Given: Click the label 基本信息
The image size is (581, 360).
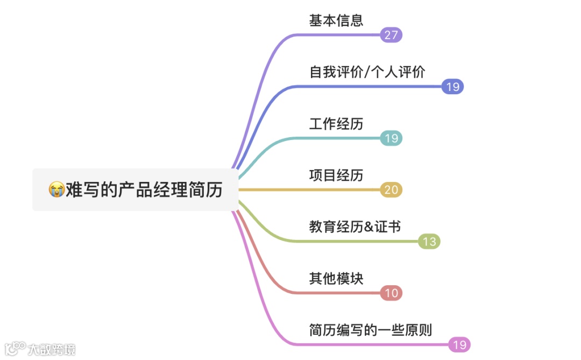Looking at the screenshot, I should [336, 20].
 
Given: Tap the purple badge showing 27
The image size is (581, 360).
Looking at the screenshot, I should [391, 35].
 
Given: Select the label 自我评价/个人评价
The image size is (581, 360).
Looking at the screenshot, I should [367, 72].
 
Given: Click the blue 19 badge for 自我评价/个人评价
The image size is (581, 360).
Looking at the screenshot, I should [452, 87].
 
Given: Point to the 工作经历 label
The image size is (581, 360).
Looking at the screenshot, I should [336, 124].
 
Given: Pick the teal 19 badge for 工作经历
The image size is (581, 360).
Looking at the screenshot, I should [391, 138].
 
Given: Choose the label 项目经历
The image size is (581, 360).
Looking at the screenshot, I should [336, 175].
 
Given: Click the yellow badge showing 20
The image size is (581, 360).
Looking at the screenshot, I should [391, 190].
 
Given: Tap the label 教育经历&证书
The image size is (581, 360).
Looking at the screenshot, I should [355, 227].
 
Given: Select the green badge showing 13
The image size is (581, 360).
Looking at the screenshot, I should [429, 242].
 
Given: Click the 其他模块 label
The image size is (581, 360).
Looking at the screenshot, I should [336, 279].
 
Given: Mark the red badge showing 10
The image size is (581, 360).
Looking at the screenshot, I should [391, 293].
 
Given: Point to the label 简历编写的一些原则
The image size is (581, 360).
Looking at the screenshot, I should [371, 330].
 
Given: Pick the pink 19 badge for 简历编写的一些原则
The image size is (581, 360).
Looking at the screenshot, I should [459, 345].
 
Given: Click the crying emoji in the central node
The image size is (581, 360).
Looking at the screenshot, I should [56, 189].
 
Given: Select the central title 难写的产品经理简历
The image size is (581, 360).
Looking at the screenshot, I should [144, 189].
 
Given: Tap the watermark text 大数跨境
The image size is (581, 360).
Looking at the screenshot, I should [52, 349].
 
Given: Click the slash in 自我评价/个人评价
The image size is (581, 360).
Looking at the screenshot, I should [368, 72].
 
